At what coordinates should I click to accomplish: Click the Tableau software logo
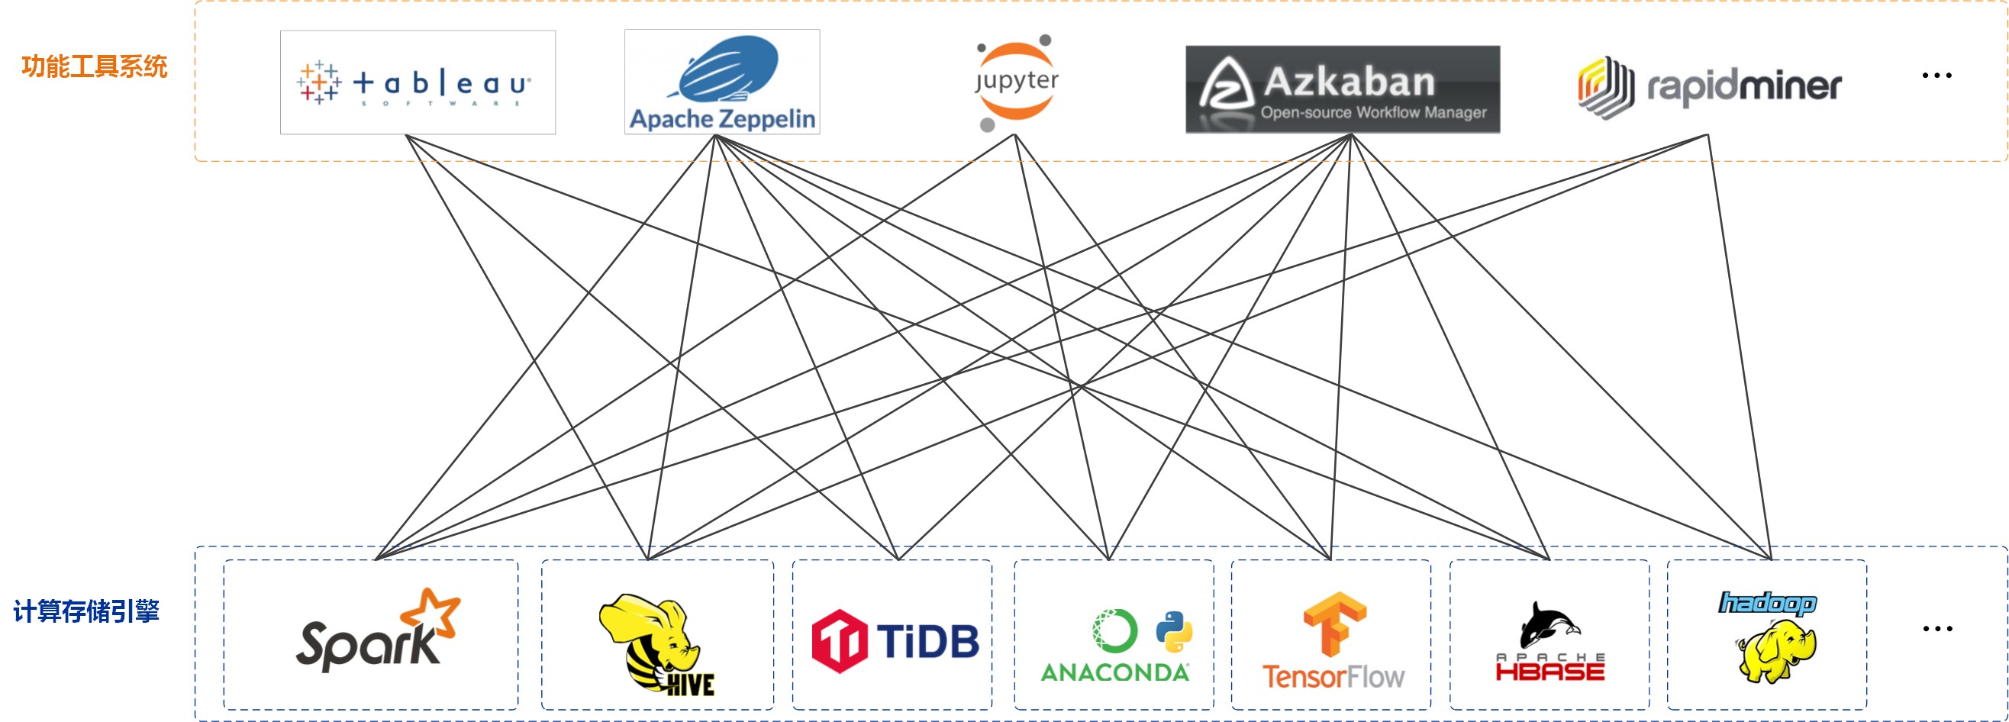(x=417, y=82)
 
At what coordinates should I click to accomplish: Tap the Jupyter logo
(x=1016, y=82)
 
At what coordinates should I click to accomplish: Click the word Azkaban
(x=1349, y=81)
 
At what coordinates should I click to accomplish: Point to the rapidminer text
(x=1744, y=86)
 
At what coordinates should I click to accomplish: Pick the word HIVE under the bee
(x=690, y=685)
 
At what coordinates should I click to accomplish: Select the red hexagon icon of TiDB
(x=838, y=641)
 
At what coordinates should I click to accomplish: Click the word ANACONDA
(x=1114, y=672)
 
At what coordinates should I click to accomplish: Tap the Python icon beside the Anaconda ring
(x=1174, y=630)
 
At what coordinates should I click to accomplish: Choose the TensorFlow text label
(x=1333, y=677)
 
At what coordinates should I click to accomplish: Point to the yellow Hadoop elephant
(x=1777, y=651)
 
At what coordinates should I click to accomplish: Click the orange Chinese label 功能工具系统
(x=95, y=67)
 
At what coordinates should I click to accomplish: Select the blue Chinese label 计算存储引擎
(x=86, y=611)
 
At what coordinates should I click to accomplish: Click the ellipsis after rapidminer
(x=1936, y=76)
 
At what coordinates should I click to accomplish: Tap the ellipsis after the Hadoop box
(x=1937, y=628)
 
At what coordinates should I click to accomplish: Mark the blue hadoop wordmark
(x=1767, y=603)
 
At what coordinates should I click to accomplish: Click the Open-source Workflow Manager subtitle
(x=1373, y=112)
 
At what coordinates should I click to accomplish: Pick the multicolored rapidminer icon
(x=1605, y=86)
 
